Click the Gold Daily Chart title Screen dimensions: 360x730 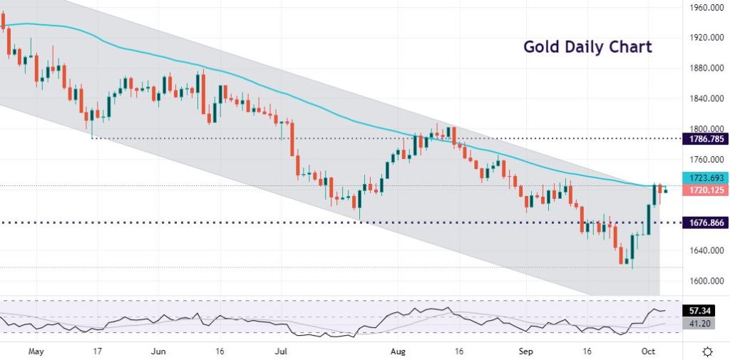point(587,47)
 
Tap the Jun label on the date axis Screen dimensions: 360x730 point(159,351)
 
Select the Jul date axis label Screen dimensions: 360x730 point(282,351)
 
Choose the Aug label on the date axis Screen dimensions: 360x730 point(399,351)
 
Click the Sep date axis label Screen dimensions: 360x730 point(525,351)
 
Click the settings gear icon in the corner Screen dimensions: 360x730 point(707,351)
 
